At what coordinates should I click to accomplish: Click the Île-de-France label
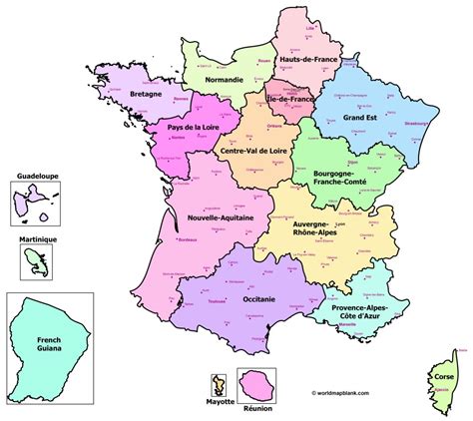click(x=288, y=101)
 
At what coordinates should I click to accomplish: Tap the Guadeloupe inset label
click(x=36, y=176)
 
